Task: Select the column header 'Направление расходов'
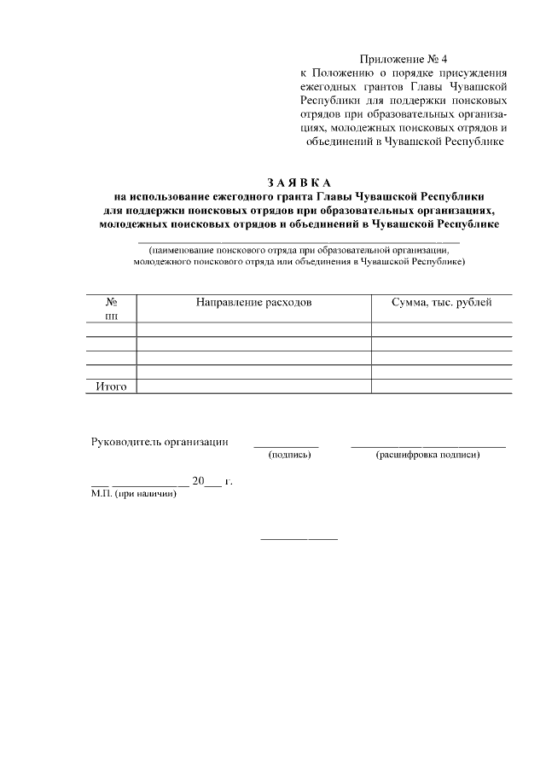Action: [x=253, y=303]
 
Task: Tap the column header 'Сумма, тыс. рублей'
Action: [x=441, y=303]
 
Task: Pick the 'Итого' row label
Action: [x=111, y=386]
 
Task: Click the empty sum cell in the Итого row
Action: [x=441, y=386]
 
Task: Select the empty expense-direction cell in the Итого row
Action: [x=253, y=386]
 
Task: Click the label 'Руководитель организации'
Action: [x=160, y=442]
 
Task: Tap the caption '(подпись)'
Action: [x=289, y=456]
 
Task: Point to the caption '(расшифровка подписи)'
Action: [x=428, y=456]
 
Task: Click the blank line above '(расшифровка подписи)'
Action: [x=428, y=447]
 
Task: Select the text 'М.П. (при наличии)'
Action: [x=134, y=494]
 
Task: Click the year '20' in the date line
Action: [x=198, y=481]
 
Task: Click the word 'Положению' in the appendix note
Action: [x=350, y=73]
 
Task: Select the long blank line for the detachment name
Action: [x=299, y=243]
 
